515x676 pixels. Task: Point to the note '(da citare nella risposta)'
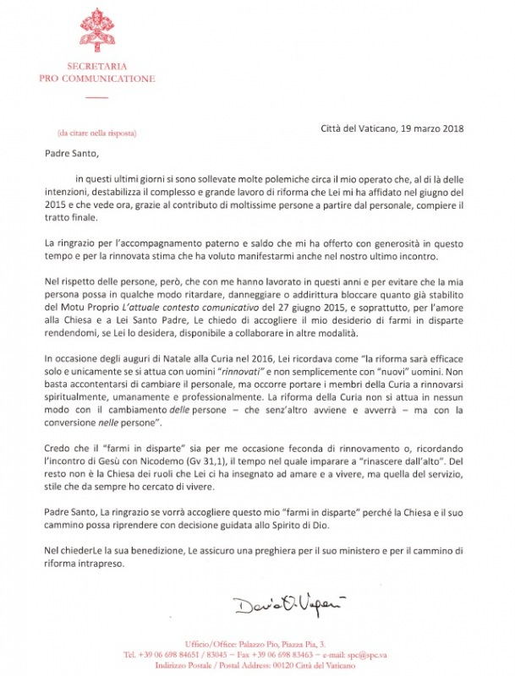coord(96,134)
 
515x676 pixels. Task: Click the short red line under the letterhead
coord(97,98)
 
